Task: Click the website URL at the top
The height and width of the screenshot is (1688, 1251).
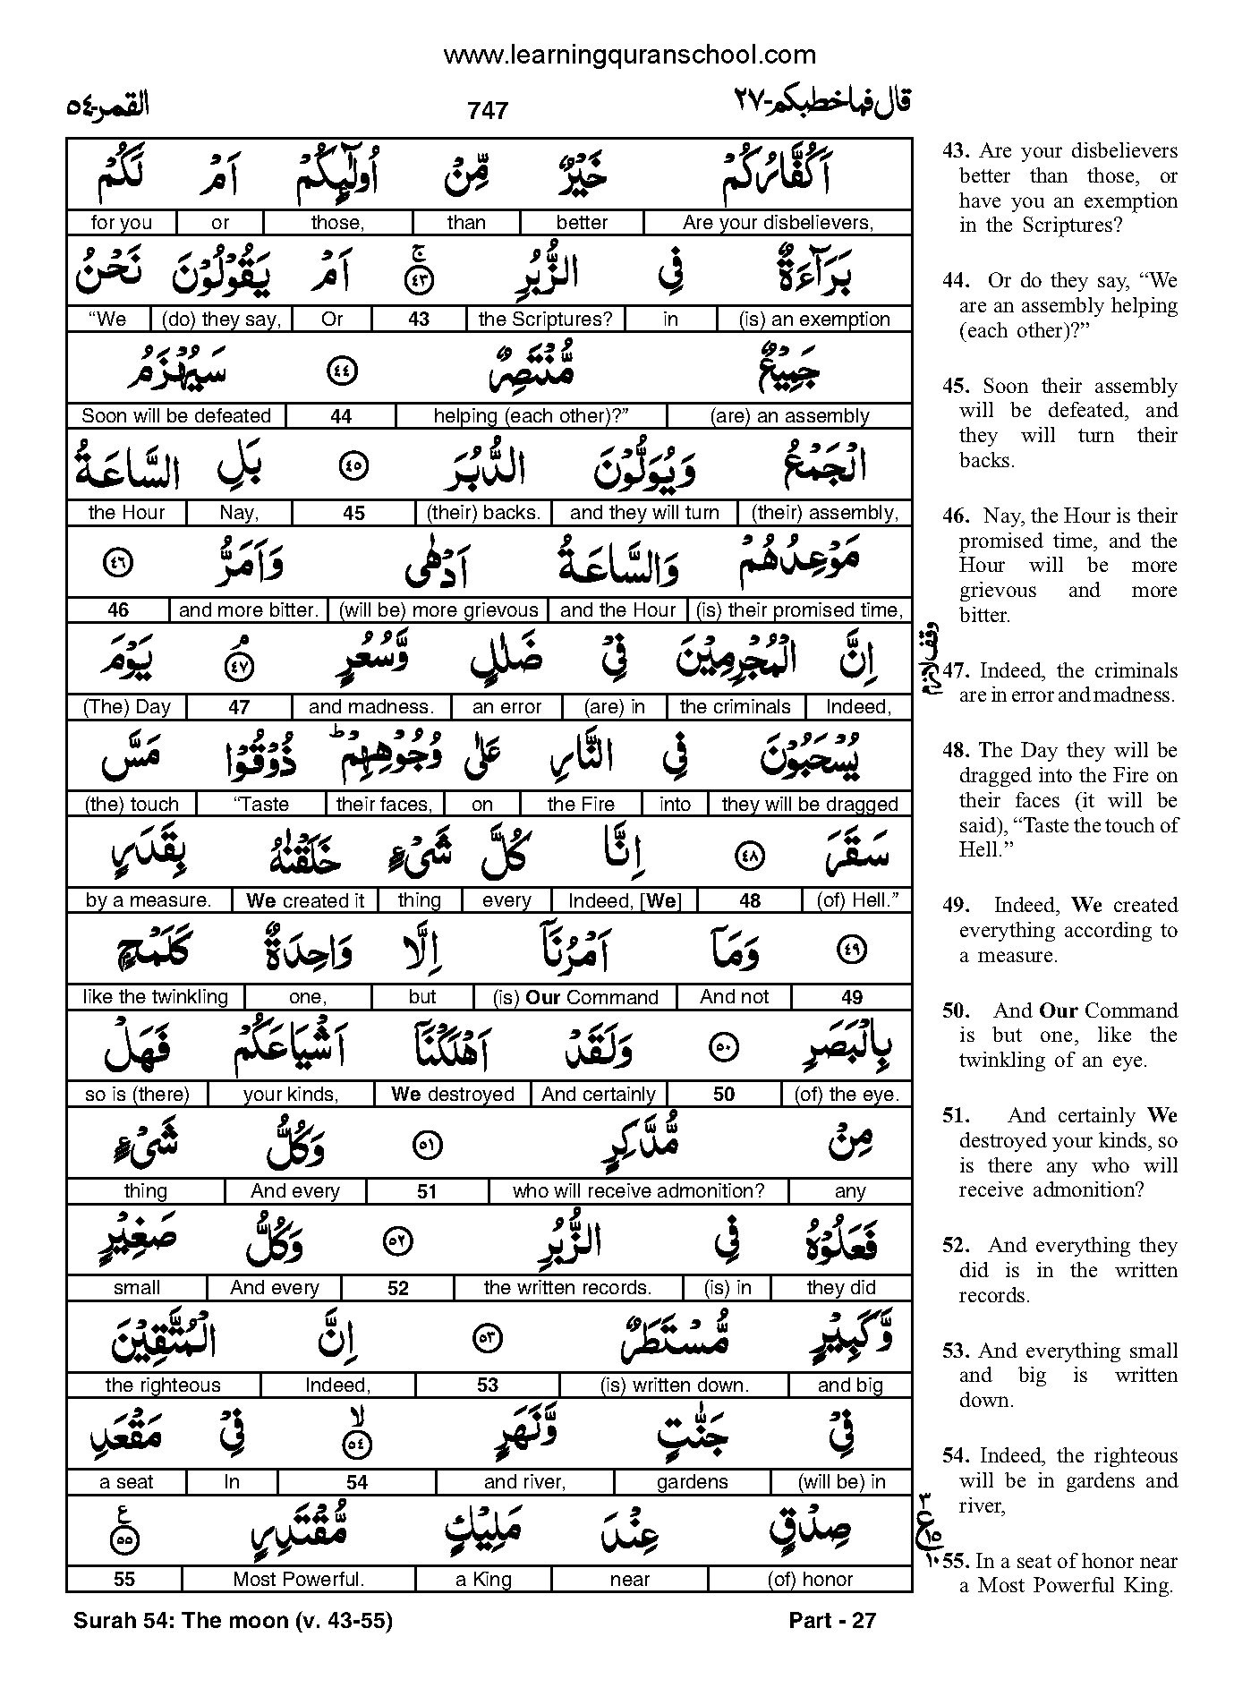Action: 629,55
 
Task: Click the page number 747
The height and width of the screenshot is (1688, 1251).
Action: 487,110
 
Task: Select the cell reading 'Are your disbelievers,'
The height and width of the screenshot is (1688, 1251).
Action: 777,223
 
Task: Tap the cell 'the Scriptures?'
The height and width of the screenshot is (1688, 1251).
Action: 545,320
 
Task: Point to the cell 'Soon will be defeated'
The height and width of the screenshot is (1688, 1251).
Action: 175,416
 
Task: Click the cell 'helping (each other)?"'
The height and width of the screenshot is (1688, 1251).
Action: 532,416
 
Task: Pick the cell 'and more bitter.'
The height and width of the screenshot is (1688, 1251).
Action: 248,610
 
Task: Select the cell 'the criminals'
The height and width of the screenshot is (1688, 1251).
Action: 735,707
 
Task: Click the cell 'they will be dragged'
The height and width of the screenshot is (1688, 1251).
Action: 809,804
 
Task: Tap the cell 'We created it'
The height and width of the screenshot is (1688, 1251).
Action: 304,900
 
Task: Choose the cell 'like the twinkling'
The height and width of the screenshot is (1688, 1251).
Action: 155,997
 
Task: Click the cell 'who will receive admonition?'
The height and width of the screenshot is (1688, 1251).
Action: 638,1191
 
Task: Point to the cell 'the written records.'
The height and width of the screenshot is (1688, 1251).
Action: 567,1288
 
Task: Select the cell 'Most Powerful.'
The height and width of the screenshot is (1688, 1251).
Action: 298,1580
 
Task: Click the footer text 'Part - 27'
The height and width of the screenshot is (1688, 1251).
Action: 832,1620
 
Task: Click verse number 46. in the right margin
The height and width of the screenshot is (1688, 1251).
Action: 956,516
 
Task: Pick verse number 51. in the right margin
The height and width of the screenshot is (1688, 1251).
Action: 956,1115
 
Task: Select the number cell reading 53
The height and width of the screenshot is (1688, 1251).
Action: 487,1385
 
